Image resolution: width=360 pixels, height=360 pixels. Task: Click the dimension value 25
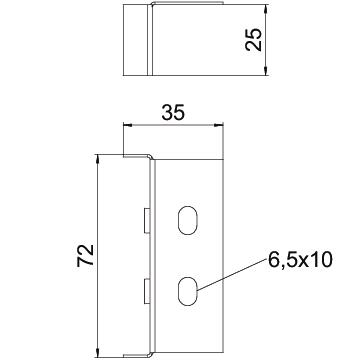(x=253, y=39)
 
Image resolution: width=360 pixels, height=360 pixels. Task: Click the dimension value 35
(x=173, y=112)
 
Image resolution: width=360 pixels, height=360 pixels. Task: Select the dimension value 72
(x=85, y=255)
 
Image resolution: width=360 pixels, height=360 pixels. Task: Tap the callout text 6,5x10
(x=300, y=260)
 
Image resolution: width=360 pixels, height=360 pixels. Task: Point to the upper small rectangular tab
(x=146, y=220)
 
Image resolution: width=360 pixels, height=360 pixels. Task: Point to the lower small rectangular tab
(x=146, y=291)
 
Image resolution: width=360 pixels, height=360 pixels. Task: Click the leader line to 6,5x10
(x=232, y=275)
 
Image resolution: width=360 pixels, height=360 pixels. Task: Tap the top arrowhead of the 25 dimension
(x=265, y=9)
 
